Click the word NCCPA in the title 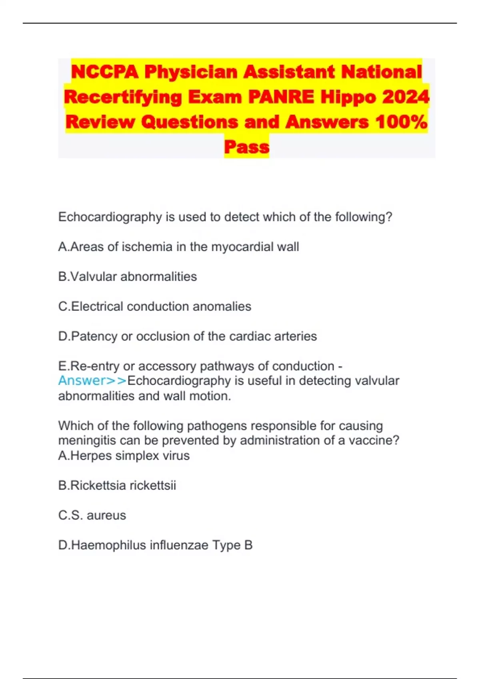[x=105, y=72]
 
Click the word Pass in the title [x=246, y=147]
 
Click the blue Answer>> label [x=92, y=381]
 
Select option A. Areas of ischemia [x=178, y=247]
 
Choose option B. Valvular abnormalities [x=128, y=277]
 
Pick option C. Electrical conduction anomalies [x=154, y=306]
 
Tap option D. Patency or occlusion [x=187, y=336]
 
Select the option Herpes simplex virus [x=124, y=455]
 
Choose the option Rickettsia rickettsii [x=117, y=485]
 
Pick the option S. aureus [x=92, y=515]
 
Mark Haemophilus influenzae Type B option [x=155, y=545]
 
